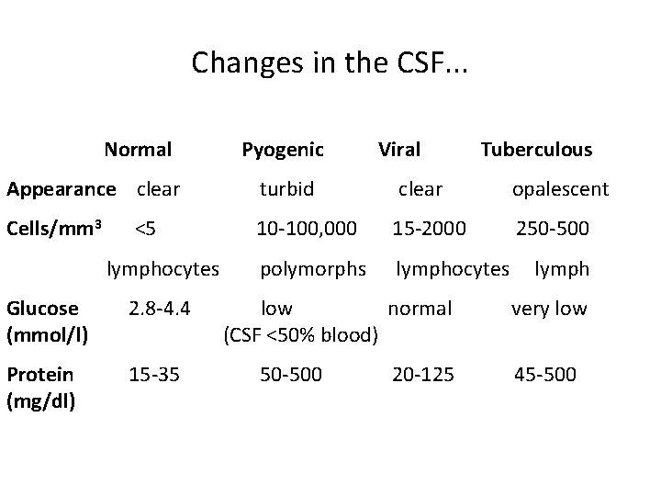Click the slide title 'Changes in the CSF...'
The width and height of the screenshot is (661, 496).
[330, 62]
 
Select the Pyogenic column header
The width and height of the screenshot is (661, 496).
[282, 150]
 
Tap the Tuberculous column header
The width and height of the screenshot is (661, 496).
[536, 150]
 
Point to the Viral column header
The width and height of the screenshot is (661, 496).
[399, 150]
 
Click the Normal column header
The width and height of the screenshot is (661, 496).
[138, 150]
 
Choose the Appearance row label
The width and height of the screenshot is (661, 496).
[62, 190]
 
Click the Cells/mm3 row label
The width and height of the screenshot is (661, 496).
[54, 226]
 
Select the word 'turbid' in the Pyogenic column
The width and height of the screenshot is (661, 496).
[286, 189]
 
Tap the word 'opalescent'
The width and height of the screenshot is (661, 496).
[560, 189]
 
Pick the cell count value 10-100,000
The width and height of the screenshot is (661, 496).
[308, 226]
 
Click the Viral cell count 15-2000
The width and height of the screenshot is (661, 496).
[429, 226]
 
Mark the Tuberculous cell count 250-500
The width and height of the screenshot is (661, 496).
[553, 226]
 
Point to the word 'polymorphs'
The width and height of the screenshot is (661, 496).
[313, 269]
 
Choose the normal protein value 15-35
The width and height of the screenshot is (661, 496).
[153, 375]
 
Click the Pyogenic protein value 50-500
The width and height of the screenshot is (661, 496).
[292, 375]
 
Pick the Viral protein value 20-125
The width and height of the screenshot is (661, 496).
[423, 375]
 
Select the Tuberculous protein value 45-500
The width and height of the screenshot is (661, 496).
[545, 375]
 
